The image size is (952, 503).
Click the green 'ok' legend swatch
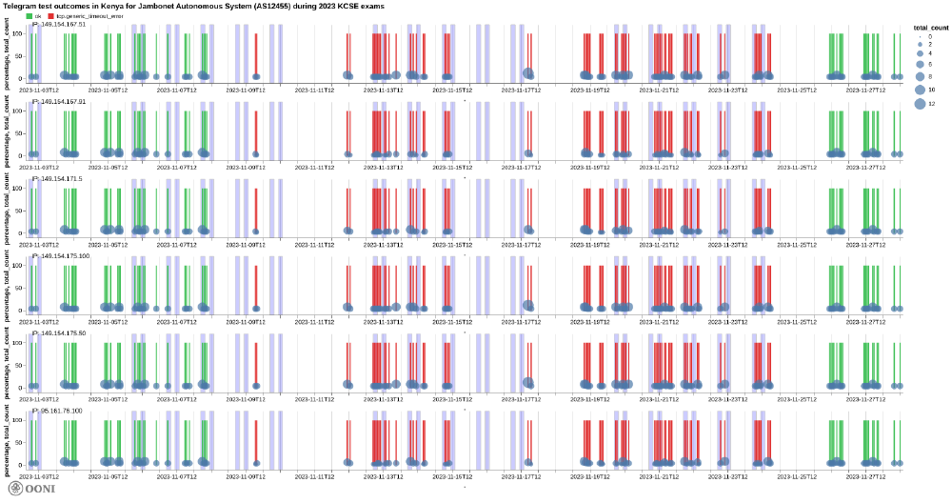(x=30, y=16)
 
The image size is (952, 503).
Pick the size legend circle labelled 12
(x=920, y=103)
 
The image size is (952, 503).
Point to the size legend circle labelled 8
(x=920, y=75)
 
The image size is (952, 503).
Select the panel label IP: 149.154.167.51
(x=59, y=24)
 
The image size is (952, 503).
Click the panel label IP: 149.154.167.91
(x=59, y=101)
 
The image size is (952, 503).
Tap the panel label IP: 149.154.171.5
(x=57, y=178)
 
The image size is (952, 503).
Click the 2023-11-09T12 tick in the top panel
(x=245, y=90)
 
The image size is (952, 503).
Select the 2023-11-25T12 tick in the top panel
(x=798, y=90)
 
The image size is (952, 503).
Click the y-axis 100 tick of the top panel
(x=22, y=34)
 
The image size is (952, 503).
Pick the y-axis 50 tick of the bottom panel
(x=23, y=444)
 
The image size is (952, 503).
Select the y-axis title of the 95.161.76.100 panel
(x=8, y=442)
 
